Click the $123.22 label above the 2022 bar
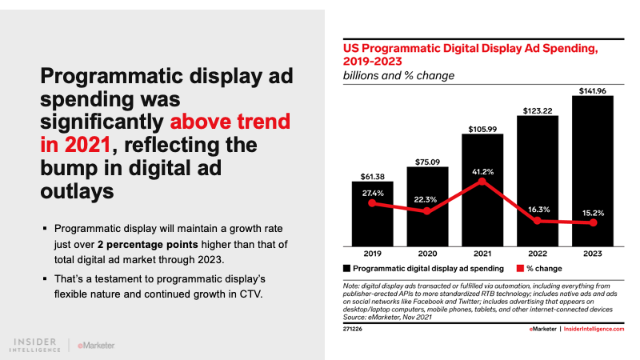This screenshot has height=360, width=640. point(538,110)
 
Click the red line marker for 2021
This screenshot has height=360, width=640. point(482,182)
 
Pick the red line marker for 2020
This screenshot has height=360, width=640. point(427,211)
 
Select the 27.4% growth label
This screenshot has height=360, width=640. point(372,193)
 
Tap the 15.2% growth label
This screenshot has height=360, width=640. point(594,213)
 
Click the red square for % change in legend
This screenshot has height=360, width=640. point(519,269)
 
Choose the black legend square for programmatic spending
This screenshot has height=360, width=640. point(347,269)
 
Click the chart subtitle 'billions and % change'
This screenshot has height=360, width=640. point(394,76)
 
